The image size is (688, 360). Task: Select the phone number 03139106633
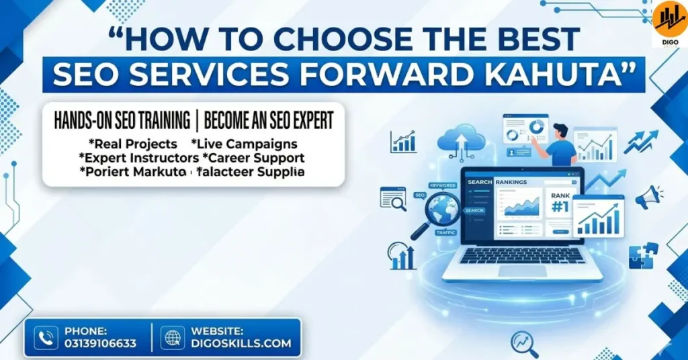pyautogui.click(x=100, y=343)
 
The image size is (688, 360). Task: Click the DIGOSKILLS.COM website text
pyautogui.click(x=241, y=343)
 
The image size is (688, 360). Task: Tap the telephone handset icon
pyautogui.click(x=46, y=337)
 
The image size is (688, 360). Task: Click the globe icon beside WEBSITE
pyautogui.click(x=172, y=337)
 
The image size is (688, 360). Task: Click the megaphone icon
pyautogui.click(x=648, y=196)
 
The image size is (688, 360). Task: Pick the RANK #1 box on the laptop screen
pyautogui.click(x=560, y=203)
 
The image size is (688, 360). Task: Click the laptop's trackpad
pyautogui.click(x=522, y=270)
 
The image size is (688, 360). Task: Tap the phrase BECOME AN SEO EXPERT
pyautogui.click(x=269, y=121)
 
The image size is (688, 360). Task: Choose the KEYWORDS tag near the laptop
pyautogui.click(x=443, y=185)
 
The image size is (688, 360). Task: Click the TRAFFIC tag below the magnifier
pyautogui.click(x=446, y=232)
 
